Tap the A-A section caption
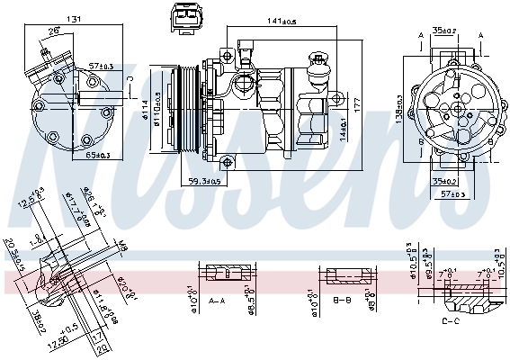click(x=218, y=300)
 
